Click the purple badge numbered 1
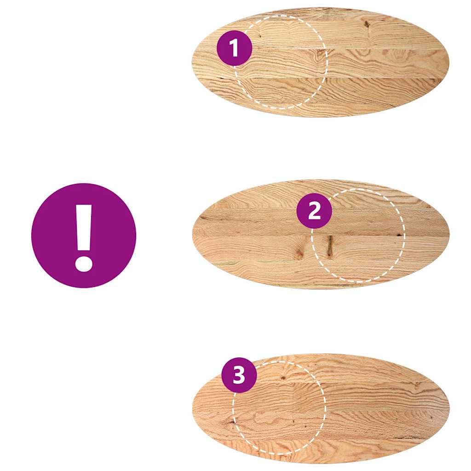[234, 48]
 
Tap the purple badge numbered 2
[314, 211]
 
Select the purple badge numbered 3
[239, 375]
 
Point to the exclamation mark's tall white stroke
[84, 226]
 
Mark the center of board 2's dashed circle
[358, 235]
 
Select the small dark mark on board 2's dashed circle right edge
[398, 235]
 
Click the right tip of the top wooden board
[448, 62]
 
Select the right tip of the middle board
[449, 234]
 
